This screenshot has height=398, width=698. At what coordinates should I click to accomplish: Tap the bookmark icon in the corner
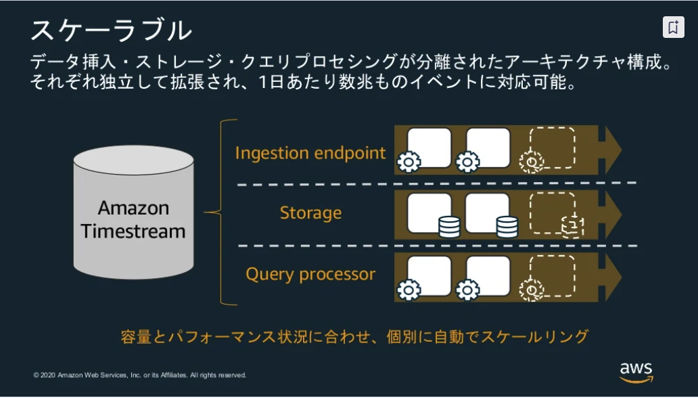(x=673, y=27)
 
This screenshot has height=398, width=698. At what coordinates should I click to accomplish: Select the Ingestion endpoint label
(x=310, y=153)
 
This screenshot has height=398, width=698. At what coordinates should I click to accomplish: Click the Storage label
(x=310, y=213)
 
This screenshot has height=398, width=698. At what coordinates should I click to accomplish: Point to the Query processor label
(x=310, y=274)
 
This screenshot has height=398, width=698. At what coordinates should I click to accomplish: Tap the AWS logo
(x=636, y=372)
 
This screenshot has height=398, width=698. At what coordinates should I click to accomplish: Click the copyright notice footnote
(x=140, y=375)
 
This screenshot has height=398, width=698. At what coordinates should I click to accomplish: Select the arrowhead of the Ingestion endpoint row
(x=611, y=150)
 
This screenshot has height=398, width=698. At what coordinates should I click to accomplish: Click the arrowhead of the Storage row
(x=611, y=213)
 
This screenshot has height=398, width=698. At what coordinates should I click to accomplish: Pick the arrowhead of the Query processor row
(x=611, y=278)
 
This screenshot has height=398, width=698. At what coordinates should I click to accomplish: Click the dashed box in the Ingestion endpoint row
(x=552, y=147)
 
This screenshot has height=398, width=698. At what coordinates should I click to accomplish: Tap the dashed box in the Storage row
(x=552, y=211)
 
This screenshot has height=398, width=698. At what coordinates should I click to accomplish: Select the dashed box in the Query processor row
(x=552, y=275)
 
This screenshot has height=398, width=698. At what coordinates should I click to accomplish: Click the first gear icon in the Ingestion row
(x=409, y=162)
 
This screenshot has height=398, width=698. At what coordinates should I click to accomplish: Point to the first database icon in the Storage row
(x=449, y=227)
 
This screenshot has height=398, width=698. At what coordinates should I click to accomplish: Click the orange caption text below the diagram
(x=355, y=336)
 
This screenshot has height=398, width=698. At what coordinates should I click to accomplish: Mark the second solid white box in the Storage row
(x=487, y=212)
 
